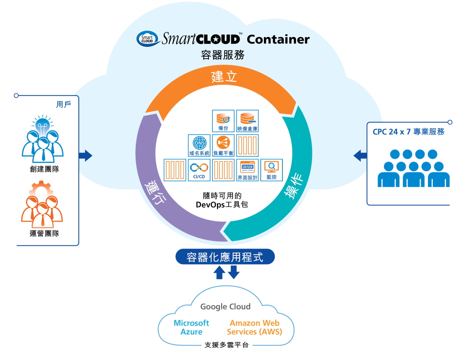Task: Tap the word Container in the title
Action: tap(278, 39)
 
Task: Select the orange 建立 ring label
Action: tap(224, 76)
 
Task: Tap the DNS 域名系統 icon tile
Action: tap(199, 145)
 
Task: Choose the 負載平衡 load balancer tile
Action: tap(223, 145)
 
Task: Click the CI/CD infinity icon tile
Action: tap(199, 170)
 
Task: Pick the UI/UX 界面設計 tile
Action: tap(248, 170)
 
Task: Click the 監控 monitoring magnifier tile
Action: tap(271, 170)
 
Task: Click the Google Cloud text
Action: tap(225, 307)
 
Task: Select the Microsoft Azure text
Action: tap(191, 327)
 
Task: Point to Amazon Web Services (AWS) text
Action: tap(254, 327)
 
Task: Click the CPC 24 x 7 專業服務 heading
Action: tap(408, 132)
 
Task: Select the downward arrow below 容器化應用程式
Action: tap(234, 272)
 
